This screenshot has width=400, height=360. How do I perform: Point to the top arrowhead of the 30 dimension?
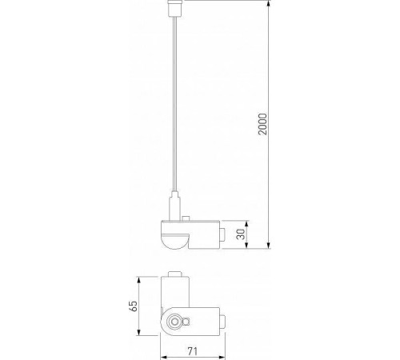tap(245, 222)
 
